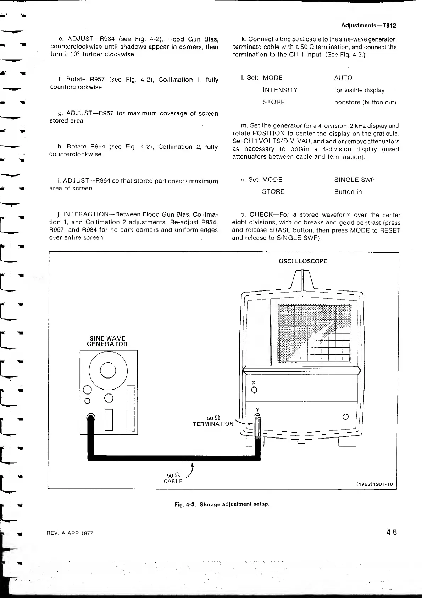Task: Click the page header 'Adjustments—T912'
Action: point(368,26)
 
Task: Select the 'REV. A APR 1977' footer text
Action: point(70,533)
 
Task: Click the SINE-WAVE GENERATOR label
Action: point(107,341)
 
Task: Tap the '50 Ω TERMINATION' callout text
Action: point(213,421)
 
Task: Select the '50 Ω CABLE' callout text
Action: point(173,478)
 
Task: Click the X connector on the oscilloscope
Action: point(254,390)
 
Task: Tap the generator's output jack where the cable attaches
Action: point(91,418)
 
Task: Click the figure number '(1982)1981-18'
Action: point(374,484)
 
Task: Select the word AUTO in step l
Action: point(343,78)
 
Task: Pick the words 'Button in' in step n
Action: point(348,192)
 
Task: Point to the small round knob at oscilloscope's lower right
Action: point(346,417)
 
